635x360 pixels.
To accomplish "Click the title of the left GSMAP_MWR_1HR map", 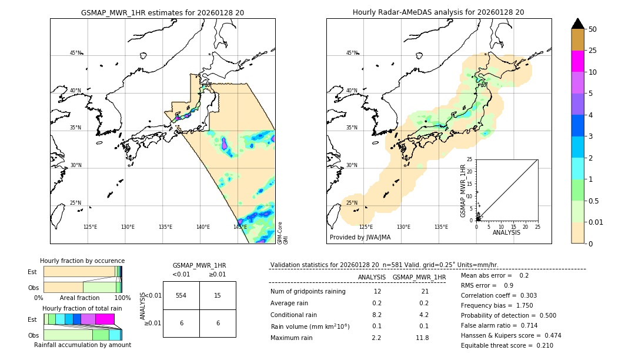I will [162, 12].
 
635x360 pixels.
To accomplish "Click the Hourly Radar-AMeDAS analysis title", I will [438, 12].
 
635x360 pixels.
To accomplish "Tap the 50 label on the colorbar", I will [593, 29].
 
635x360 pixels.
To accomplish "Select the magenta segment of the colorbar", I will [577, 61].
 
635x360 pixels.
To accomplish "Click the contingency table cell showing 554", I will [181, 295].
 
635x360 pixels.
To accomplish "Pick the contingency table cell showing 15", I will [218, 295].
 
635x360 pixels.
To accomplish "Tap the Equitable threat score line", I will [507, 345].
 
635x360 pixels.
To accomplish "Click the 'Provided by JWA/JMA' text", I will [360, 238].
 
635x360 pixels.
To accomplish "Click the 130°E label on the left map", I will [128, 227].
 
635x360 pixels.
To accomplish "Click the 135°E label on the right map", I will [441, 227].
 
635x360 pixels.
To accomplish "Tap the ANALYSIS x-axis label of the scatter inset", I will [506, 232].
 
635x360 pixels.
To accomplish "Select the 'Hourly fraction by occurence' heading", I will [82, 261].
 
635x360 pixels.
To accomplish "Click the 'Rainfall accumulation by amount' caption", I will [82, 345].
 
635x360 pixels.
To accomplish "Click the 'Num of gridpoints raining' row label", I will [308, 292].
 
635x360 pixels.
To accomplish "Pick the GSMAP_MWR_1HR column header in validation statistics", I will [419, 277].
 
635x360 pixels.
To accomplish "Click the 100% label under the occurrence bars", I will [122, 298].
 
